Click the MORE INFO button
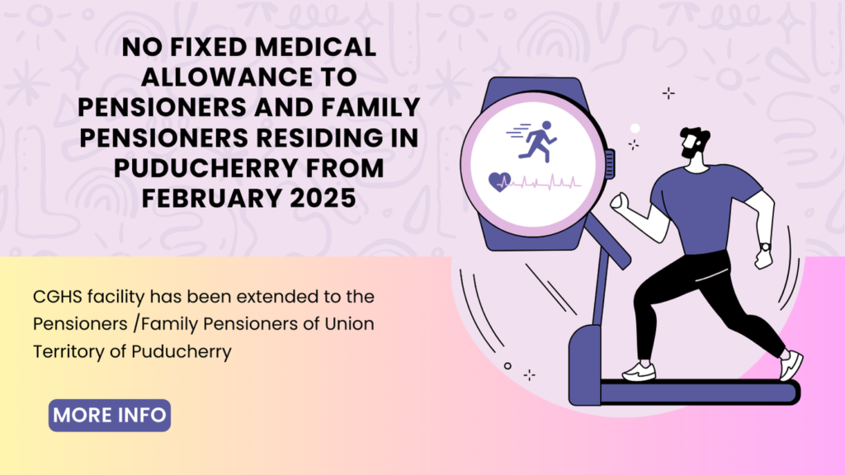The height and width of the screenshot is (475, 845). point(110,415)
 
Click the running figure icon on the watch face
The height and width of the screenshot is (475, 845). point(537,139)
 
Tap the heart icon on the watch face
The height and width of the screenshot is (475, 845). point(498,181)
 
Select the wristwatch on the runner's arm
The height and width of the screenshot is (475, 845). point(766,247)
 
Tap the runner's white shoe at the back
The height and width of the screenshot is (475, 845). point(790,364)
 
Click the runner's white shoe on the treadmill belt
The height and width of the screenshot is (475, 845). point(639,371)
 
